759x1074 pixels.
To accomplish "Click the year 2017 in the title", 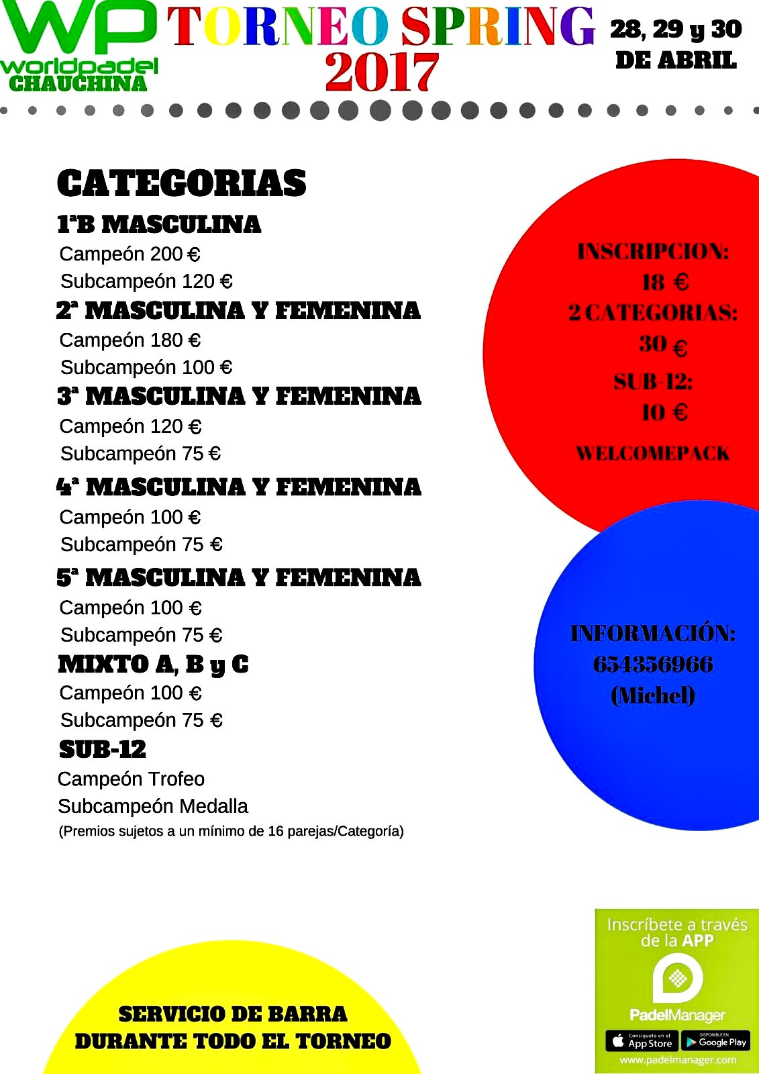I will click(381, 72).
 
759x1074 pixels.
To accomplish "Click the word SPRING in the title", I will click(498, 27).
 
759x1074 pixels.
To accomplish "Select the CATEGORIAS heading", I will click(181, 183).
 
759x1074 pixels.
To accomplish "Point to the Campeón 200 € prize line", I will click(130, 254).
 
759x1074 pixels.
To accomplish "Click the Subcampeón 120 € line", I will click(146, 281).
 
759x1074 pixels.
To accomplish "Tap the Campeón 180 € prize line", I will click(130, 340).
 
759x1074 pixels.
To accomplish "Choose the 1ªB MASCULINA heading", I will click(159, 224).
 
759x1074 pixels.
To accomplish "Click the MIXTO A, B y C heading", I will click(153, 665).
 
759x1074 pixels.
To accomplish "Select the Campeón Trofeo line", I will click(131, 779).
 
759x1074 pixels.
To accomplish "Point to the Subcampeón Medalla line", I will click(153, 806).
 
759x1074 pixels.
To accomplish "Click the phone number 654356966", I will click(652, 665).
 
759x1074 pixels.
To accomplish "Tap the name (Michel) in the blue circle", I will click(652, 695).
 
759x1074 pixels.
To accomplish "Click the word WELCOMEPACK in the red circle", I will click(652, 454).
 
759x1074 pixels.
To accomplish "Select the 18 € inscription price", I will click(664, 283).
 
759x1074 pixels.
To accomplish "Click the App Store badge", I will click(642, 1041).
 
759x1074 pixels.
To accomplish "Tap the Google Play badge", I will click(715, 1041).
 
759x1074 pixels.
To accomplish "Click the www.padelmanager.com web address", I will click(678, 1060).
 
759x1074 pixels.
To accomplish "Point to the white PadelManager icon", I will click(678, 978).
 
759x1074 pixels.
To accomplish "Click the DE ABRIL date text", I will click(676, 61).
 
